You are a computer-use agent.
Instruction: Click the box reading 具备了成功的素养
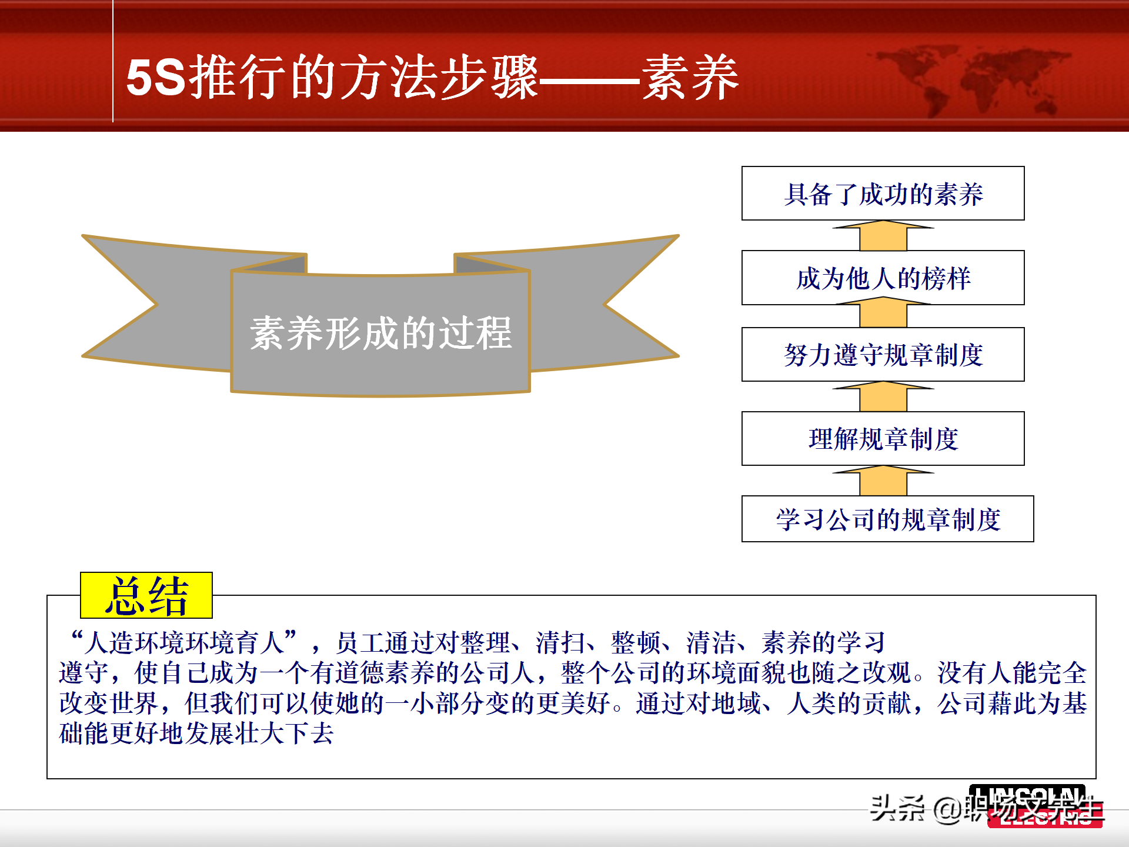tap(883, 194)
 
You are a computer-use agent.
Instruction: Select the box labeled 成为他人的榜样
tap(883, 278)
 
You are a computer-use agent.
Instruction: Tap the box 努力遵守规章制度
tap(883, 355)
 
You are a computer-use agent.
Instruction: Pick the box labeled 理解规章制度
tap(883, 439)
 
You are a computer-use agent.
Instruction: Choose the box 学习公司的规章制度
tap(887, 519)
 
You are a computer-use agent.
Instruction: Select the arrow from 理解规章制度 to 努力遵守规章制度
tap(883, 397)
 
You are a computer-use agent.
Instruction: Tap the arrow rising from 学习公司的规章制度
tap(883, 481)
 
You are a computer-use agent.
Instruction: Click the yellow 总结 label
tap(146, 595)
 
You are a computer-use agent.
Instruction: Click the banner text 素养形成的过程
tap(380, 334)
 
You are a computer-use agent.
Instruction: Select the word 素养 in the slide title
tap(690, 78)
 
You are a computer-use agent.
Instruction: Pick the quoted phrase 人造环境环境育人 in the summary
tap(184, 642)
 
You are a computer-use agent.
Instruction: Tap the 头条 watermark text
tap(897, 808)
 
